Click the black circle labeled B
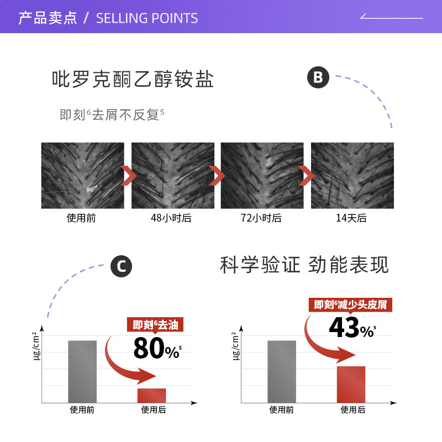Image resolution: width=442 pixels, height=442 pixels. point(318,77)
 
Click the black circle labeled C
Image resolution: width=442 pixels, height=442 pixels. point(121,266)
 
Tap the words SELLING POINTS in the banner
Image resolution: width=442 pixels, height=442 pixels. point(147,18)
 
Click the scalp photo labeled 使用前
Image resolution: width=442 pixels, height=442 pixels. point(82,176)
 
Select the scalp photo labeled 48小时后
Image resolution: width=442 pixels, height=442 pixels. point(173,176)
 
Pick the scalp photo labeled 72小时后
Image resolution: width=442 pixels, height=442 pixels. point(262,176)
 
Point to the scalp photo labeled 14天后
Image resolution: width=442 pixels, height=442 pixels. point(352,176)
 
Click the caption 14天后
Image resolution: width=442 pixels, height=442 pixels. point(351,218)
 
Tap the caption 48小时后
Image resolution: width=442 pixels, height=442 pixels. point(171,218)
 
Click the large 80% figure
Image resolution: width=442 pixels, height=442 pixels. point(157,349)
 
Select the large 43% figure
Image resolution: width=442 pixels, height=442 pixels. point(352,327)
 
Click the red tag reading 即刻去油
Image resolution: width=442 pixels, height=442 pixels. point(155,325)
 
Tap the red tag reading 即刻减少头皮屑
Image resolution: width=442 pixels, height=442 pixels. point(350,305)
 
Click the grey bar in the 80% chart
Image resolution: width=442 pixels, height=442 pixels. point(82,371)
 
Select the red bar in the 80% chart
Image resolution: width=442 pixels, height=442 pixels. point(151,396)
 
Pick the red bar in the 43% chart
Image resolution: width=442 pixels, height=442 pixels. point(351,385)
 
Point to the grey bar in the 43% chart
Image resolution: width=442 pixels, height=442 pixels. point(282,371)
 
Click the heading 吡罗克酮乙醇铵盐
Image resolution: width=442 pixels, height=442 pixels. point(133,79)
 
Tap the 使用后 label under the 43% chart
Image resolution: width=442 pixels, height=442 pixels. point(352,409)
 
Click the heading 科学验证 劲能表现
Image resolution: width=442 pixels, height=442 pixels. point(304,265)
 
